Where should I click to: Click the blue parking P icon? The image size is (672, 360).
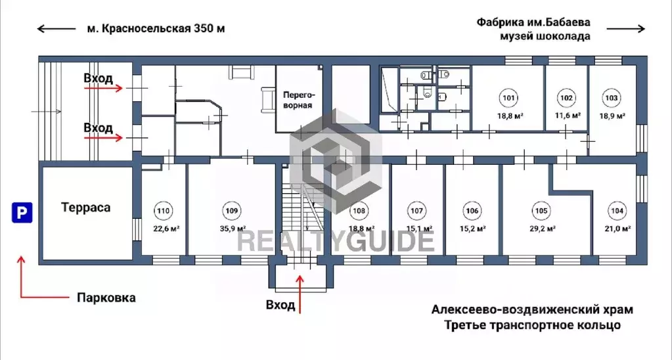pyautogui.click(x=22, y=212)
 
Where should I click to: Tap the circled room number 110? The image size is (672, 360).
pyautogui.click(x=164, y=212)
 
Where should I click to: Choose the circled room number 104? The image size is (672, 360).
pyautogui.click(x=616, y=212)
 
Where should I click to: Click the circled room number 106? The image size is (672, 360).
pyautogui.click(x=472, y=212)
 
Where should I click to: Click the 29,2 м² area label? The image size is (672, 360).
pyautogui.click(x=543, y=229)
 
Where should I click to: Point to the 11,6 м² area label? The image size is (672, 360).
pyautogui.click(x=567, y=116)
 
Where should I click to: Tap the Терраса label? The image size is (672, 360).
pyautogui.click(x=86, y=208)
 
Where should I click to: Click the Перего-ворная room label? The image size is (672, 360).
pyautogui.click(x=297, y=99)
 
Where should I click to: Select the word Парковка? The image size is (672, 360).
pyautogui.click(x=106, y=298)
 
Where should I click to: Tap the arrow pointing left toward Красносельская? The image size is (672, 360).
pyautogui.click(x=56, y=28)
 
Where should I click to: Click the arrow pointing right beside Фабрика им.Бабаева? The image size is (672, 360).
pyautogui.click(x=627, y=28)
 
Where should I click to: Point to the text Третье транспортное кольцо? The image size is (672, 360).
pyautogui.click(x=532, y=325)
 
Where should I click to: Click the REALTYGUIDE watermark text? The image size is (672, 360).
pyautogui.click(x=335, y=240)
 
